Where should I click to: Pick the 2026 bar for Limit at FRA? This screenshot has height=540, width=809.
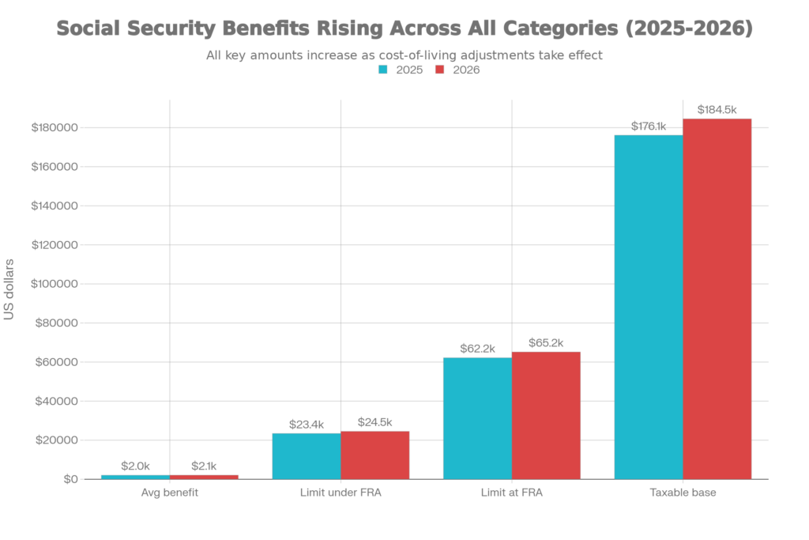click(x=546, y=415)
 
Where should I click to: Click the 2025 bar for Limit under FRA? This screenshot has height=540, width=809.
click(x=306, y=455)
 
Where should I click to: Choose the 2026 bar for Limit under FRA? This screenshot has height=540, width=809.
click(x=375, y=455)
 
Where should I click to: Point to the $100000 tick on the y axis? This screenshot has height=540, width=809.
click(x=55, y=284)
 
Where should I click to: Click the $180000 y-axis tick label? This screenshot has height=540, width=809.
click(x=55, y=128)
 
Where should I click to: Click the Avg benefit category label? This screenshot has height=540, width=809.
click(x=170, y=493)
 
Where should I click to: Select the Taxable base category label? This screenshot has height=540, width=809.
click(x=683, y=493)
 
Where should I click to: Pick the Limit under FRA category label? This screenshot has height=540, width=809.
click(x=341, y=493)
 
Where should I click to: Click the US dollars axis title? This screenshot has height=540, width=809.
click(x=9, y=289)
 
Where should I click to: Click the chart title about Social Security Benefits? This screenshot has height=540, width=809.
click(x=404, y=29)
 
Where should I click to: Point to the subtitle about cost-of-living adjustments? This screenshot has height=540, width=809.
click(x=404, y=55)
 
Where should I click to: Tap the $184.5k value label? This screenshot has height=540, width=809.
click(x=717, y=109)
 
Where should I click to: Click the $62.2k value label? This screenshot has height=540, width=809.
click(x=477, y=348)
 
